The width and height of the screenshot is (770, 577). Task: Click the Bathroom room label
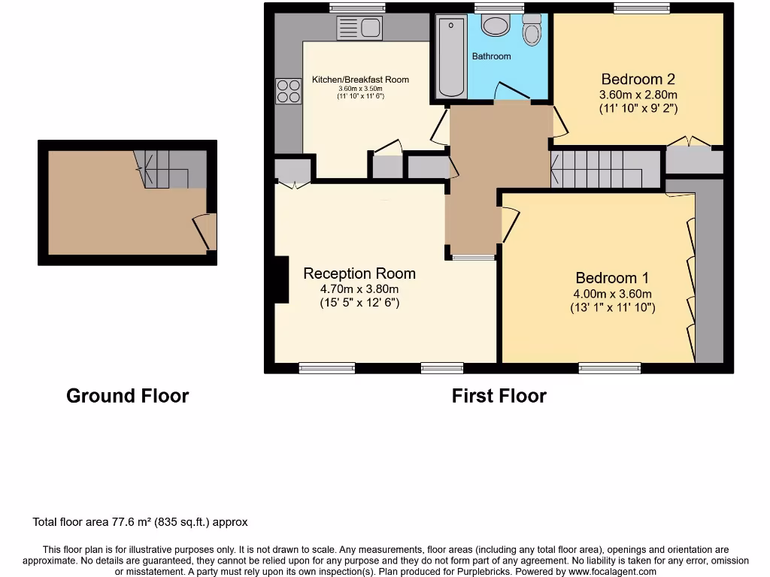pyautogui.click(x=491, y=56)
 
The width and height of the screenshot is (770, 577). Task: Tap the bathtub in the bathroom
pyautogui.click(x=451, y=58)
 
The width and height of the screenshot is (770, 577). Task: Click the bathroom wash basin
pyautogui.click(x=495, y=26)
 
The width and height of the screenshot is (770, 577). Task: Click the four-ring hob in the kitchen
pyautogui.click(x=288, y=91)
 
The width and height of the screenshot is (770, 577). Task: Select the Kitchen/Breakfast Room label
pyautogui.click(x=360, y=80)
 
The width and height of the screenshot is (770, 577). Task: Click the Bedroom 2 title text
pyautogui.click(x=638, y=79)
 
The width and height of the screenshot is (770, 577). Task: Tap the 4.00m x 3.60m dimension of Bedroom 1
pyautogui.click(x=613, y=294)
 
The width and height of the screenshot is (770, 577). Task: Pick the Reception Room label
pyautogui.click(x=359, y=273)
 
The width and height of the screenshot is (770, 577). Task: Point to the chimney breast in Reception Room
pyautogui.click(x=280, y=280)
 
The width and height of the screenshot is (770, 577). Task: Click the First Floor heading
pyautogui.click(x=499, y=396)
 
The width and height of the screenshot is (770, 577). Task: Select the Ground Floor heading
pyautogui.click(x=127, y=396)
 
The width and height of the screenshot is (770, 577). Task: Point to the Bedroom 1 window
pyautogui.click(x=609, y=367)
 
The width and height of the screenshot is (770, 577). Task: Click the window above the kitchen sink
pyautogui.click(x=357, y=8)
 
